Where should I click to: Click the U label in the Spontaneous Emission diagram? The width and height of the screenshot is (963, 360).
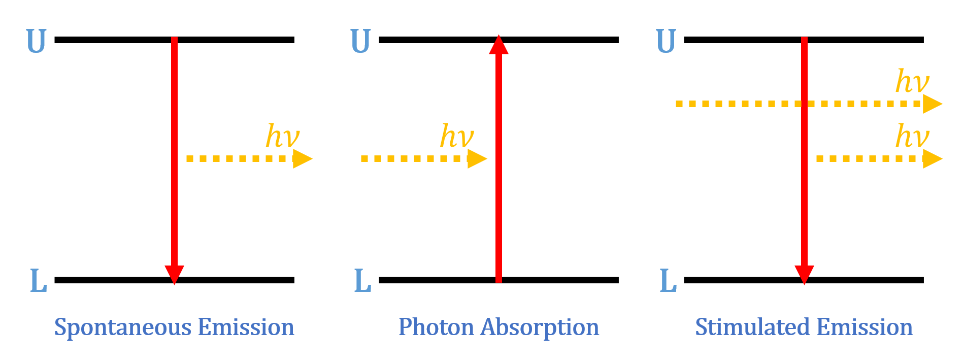pos(36,41)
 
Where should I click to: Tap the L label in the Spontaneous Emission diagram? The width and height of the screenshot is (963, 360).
pos(39,281)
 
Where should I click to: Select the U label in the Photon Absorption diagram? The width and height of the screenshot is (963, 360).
pos(360,41)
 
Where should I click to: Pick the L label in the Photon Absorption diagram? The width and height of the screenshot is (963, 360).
pos(362,281)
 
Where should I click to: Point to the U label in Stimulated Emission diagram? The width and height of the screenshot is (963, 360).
pos(666,41)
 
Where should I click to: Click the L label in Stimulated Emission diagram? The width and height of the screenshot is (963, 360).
pos(668,281)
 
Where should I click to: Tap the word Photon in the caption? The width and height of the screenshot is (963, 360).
pos(436,328)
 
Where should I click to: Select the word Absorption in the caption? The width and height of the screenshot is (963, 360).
pos(540,328)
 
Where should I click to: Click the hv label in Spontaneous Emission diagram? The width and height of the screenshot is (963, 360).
pos(283,136)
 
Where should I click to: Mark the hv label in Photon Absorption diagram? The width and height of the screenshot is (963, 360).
pos(456,136)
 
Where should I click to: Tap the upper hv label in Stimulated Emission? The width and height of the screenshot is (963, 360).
pos(912,81)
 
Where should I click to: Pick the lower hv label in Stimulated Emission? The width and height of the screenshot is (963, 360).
pos(912,136)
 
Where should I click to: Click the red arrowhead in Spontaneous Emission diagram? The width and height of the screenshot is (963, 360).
pos(174,274)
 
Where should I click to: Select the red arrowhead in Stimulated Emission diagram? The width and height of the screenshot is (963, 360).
pos(804,274)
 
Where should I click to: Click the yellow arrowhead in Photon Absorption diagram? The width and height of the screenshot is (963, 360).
pos(476,158)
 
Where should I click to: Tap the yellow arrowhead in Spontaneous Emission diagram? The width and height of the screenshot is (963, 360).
pos(302,158)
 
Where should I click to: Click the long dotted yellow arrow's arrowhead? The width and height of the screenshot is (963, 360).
pos(932,104)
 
